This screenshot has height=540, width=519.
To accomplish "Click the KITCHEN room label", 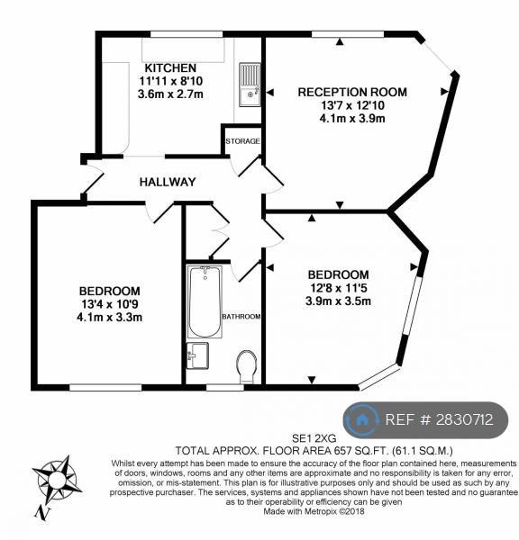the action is coord(170,67).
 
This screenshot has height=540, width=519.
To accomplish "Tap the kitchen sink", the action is coord(250,85).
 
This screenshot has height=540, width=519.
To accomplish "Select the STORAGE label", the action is coord(242,141).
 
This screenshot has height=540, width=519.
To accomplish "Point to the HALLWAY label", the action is coord(168,182).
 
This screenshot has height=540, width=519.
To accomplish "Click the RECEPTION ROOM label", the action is coord(352,92).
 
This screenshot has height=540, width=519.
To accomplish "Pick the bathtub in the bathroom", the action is coord(205,301).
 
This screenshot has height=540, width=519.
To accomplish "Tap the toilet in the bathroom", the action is coord(247,366).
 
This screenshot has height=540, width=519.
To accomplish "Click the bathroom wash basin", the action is coord(197,355).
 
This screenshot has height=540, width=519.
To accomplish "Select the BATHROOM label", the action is coord(241,317).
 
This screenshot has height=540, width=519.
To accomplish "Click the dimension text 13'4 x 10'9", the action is coord(110,304).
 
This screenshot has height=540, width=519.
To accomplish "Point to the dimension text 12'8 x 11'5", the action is coord(338,288).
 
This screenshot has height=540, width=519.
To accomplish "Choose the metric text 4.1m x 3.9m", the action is coord(352,119).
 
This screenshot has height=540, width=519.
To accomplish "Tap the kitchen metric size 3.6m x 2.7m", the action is coord(170,94).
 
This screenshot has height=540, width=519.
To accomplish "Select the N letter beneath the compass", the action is coord(42,513).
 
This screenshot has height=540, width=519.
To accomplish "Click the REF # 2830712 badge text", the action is coord(439,419).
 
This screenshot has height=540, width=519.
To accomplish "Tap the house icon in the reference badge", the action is coord(361,419).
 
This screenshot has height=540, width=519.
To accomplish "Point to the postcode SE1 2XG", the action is coord(314,438).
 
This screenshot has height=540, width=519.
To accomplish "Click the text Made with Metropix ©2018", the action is coord(314,511).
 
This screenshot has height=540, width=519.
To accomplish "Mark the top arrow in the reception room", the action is coord(340,41).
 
